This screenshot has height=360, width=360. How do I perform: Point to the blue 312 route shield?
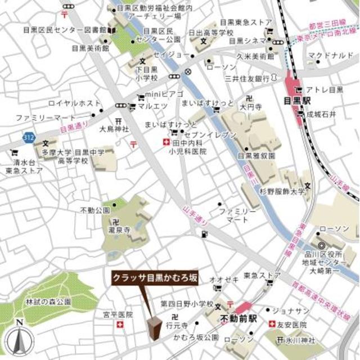click(28, 137)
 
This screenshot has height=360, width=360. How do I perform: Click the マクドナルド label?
click(328, 56)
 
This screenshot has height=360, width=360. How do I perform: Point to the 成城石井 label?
click(325, 115)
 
